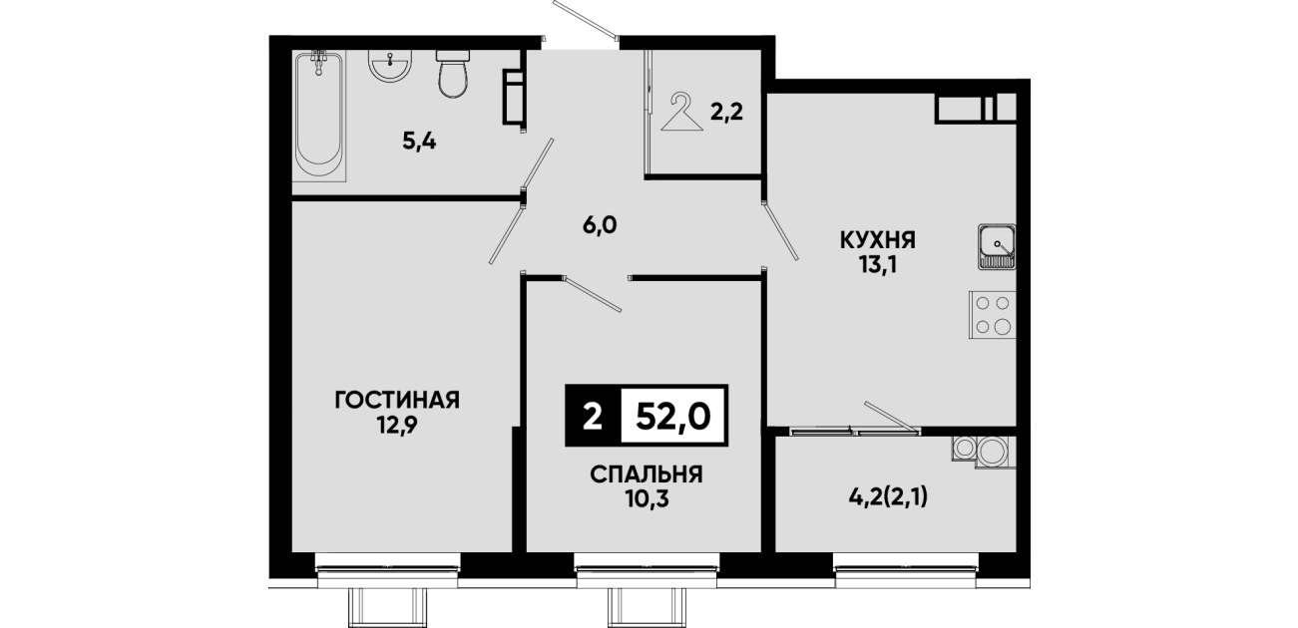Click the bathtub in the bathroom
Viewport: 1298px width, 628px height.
318,116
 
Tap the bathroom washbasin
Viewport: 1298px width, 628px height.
390,66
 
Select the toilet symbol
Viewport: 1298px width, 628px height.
453,74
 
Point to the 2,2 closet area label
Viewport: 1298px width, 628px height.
726,113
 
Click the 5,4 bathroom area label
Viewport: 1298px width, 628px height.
420,142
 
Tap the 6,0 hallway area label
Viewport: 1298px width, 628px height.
600,225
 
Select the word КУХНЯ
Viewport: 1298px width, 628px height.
878,239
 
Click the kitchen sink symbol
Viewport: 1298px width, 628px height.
998,247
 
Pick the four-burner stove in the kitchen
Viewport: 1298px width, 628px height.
993,315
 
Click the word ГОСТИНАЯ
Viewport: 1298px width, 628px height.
397,400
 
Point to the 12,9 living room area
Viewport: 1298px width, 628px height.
397,426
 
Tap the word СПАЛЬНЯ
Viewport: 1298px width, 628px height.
647,474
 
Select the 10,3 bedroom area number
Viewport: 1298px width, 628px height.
647,499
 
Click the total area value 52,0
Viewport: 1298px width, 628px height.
673,416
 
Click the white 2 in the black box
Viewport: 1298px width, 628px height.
593,416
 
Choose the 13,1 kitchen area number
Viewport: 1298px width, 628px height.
878,266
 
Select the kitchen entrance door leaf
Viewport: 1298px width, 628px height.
780,230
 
